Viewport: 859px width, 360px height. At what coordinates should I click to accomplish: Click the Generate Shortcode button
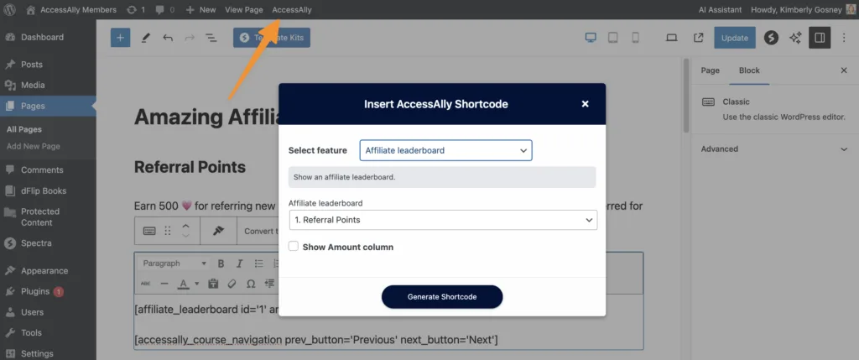[442, 297]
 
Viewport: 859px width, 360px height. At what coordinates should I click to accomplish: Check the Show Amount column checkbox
[294, 247]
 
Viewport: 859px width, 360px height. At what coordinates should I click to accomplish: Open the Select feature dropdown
[445, 150]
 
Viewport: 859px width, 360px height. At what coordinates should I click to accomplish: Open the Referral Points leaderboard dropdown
[442, 220]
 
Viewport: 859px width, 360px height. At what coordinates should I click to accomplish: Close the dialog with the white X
[585, 104]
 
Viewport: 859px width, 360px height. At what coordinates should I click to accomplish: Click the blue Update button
[734, 38]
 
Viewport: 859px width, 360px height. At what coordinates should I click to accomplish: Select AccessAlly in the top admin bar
[292, 10]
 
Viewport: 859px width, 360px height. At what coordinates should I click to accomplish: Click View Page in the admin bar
[244, 10]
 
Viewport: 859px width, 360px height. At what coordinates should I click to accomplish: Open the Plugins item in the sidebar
[35, 291]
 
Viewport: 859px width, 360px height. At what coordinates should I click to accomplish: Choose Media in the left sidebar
[33, 85]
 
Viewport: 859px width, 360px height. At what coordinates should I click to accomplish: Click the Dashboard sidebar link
[41, 38]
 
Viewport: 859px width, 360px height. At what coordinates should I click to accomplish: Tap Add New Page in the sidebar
[34, 147]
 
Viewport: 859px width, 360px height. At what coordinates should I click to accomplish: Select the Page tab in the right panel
[710, 70]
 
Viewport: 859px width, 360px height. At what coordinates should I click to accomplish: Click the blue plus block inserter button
[120, 38]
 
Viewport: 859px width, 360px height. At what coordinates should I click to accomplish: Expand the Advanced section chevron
[843, 149]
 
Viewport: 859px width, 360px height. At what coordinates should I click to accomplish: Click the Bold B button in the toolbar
[221, 263]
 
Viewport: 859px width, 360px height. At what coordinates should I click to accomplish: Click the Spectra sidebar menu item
[36, 243]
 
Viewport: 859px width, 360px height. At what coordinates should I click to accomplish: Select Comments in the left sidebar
[42, 170]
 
